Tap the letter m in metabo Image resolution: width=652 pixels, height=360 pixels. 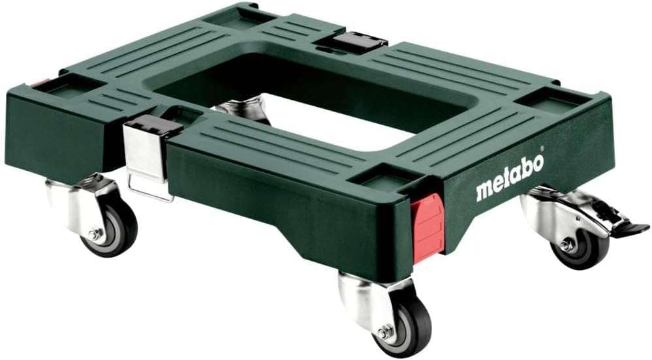(x=486, y=191)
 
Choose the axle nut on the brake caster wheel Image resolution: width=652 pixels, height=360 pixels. (x=564, y=244)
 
